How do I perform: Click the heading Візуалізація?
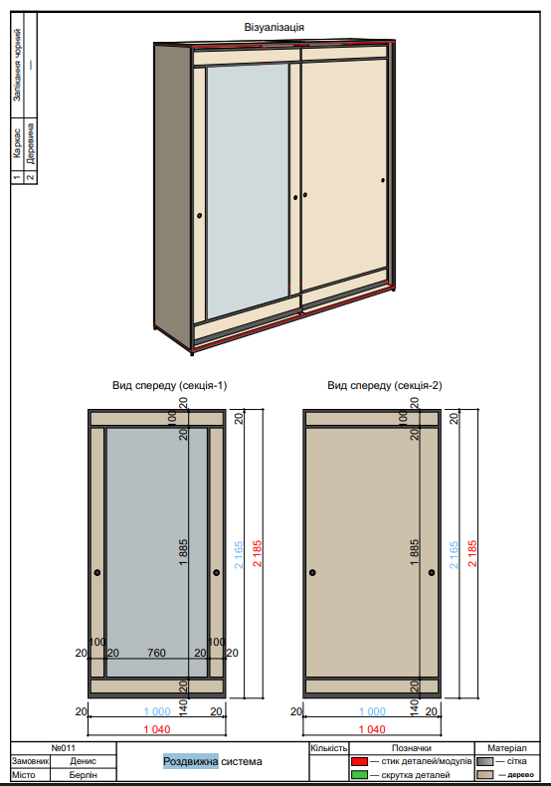coord(275,27)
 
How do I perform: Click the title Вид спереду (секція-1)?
coord(170,385)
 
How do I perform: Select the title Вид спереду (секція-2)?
coord(384,385)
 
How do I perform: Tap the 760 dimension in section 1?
coord(156,653)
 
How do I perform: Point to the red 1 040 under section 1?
coord(157,729)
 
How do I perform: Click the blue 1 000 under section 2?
coord(372,712)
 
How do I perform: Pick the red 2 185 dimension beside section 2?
coord(472,553)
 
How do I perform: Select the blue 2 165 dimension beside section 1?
coord(239,553)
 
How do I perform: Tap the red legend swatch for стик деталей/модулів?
coord(359,760)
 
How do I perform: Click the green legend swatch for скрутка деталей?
coord(359,774)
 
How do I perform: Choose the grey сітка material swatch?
coord(484,760)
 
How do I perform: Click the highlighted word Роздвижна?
coord(191,762)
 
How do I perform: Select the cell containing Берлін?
coord(83,775)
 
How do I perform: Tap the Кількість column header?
coord(328,747)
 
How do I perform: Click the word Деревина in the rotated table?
coord(31,144)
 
